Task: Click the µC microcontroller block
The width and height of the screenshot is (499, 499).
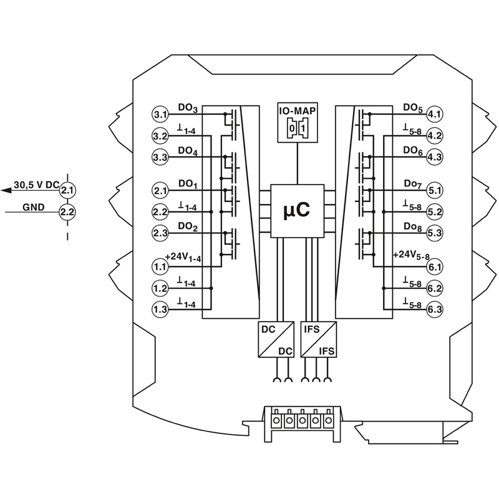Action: point(298,211)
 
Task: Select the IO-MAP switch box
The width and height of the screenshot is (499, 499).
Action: point(298,122)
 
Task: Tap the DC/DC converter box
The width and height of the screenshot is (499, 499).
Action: point(276,339)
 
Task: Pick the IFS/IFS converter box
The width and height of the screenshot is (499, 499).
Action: point(319,339)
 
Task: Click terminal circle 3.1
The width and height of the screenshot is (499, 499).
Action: point(160,114)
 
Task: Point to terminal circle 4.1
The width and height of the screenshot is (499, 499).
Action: point(434,114)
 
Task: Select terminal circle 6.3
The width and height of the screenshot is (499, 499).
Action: point(434,309)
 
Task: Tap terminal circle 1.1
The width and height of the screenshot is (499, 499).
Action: point(160,266)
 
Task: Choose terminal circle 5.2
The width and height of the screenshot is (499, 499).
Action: point(434,212)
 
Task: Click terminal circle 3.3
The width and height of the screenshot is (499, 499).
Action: point(160,158)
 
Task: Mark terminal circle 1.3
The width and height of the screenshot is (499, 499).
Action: point(160,309)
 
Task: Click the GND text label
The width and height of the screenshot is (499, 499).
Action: point(34,207)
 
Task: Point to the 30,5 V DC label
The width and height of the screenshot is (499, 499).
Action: point(36,185)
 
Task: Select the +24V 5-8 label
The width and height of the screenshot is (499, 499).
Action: point(411,256)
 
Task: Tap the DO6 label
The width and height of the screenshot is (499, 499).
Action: point(413,151)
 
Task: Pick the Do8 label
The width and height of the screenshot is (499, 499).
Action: point(413,227)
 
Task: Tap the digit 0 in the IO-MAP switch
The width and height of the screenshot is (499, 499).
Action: point(292,128)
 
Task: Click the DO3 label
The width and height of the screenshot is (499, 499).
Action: point(188,108)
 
